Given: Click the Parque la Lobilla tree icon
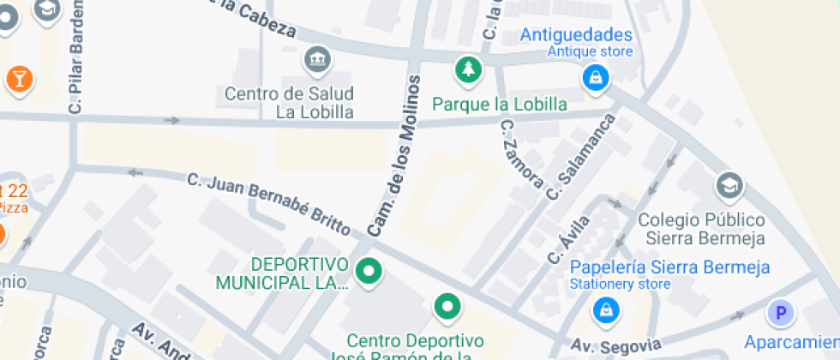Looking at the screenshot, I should pyautogui.click(x=468, y=71).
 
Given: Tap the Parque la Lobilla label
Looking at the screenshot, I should pyautogui.click(x=500, y=105).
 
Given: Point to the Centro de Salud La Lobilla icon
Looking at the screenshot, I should pyautogui.click(x=317, y=61).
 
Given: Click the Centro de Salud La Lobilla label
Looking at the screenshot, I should pyautogui.click(x=290, y=102).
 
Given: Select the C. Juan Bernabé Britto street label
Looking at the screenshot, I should pyautogui.click(x=268, y=205).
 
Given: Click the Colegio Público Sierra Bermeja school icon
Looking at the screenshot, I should pyautogui.click(x=729, y=185).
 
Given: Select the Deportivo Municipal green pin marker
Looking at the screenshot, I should pyautogui.click(x=369, y=273).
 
